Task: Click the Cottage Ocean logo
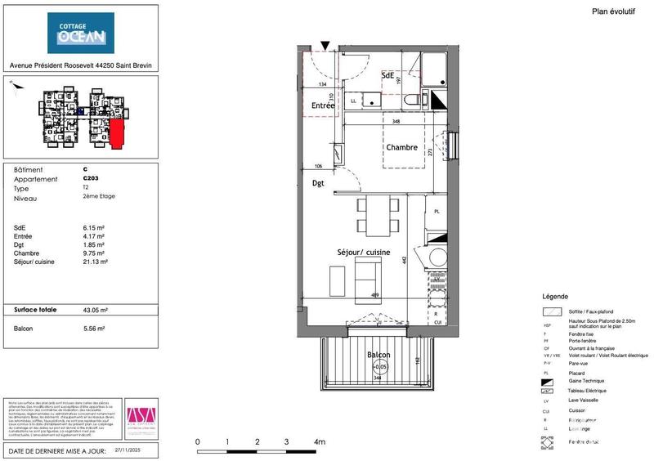[x=81, y=34]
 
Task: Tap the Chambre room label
[x=401, y=148]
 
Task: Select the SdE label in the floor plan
[x=389, y=75]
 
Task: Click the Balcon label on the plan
[x=378, y=355]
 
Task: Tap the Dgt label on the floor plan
[x=318, y=184]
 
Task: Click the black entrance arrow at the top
[x=325, y=46]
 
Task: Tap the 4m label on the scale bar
[x=320, y=441]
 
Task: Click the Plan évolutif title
[x=612, y=11]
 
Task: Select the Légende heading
[x=555, y=296]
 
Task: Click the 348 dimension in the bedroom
[x=396, y=122]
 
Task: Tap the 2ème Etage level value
[x=100, y=197]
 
